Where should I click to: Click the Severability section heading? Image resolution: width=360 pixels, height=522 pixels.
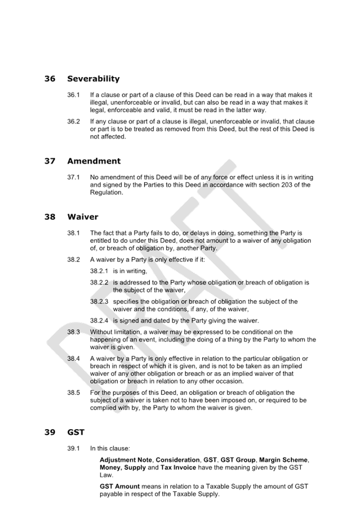(x=93, y=79)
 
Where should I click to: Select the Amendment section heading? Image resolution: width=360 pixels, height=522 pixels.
(x=94, y=161)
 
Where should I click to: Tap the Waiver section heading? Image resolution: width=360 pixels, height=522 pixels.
(x=82, y=217)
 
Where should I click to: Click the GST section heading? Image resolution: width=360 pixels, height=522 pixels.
(x=76, y=432)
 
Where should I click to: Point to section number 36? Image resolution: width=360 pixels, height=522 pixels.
(x=50, y=79)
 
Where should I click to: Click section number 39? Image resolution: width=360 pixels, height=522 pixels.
(x=50, y=432)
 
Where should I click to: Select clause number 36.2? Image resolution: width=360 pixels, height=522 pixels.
(x=73, y=121)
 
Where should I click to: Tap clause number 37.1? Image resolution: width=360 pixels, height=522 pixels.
(x=73, y=177)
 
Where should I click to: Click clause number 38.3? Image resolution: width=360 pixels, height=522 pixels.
(x=73, y=332)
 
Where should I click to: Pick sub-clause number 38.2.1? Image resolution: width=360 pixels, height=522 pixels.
(x=99, y=271)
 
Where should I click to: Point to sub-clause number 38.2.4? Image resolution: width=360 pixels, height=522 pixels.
(x=99, y=321)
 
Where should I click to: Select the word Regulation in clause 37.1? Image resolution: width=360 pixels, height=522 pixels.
(x=106, y=193)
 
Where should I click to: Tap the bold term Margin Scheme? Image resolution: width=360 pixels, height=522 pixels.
(x=283, y=460)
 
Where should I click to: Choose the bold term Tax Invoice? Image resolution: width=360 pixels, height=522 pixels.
(x=178, y=468)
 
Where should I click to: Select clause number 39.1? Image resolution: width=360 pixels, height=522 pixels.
(x=73, y=449)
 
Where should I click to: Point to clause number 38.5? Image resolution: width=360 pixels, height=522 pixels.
(x=73, y=393)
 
